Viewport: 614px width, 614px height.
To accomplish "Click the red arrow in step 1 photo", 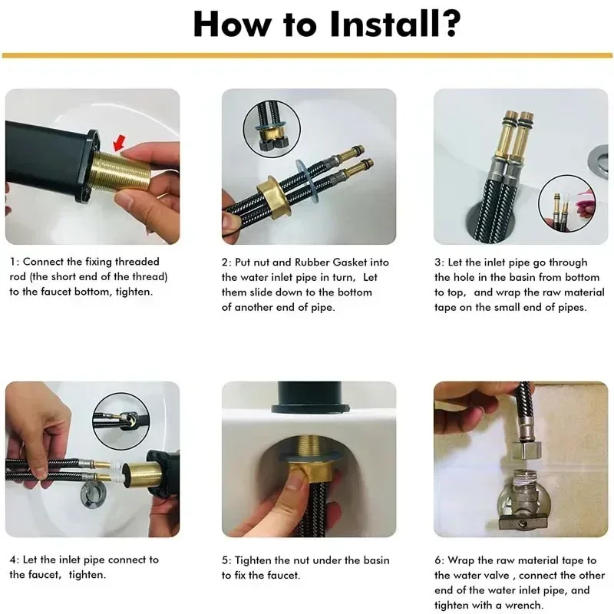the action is [x=120, y=143].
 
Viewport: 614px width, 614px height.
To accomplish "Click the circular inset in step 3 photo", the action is [x=566, y=203].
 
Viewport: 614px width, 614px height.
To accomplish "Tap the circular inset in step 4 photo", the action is [x=121, y=421].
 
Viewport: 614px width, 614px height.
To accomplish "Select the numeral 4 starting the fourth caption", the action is [x=14, y=560].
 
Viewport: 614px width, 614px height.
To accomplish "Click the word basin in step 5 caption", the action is [x=376, y=560].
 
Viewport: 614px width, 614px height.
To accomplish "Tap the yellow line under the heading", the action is [x=307, y=55].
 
